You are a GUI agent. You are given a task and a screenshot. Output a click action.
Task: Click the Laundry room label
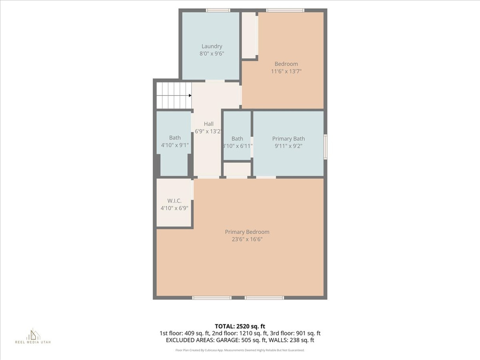(212, 46)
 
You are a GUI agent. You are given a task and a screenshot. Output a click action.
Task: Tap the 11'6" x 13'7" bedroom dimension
(286, 72)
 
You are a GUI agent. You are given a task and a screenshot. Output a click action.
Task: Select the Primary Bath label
(288, 139)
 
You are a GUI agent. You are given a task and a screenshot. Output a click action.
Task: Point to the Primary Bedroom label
(247, 232)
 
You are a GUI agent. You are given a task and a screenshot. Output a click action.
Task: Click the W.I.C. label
(174, 201)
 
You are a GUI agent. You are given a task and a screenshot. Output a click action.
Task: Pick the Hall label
(209, 124)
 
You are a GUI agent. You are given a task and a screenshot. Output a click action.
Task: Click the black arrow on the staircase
(190, 95)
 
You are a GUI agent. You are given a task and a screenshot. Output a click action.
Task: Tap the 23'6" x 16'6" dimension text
(247, 240)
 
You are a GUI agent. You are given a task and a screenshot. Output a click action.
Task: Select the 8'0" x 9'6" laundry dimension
(212, 54)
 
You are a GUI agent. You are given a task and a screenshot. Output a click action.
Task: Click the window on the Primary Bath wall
(325, 147)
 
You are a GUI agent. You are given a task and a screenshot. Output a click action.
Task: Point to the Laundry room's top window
(218, 10)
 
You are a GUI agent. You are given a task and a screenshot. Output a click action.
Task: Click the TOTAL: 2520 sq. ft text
(240, 326)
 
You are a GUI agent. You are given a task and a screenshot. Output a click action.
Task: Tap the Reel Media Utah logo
(33, 336)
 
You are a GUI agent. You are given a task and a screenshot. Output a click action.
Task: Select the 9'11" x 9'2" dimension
(288, 146)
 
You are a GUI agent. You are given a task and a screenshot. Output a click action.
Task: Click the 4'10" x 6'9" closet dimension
(174, 209)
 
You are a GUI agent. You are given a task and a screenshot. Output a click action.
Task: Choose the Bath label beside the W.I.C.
(175, 138)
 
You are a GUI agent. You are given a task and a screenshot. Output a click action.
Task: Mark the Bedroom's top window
(285, 10)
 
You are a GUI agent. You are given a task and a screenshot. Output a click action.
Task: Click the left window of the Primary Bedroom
(212, 298)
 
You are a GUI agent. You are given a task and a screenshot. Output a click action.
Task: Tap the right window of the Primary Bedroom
(264, 298)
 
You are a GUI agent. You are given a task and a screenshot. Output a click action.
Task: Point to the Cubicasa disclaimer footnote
(240, 350)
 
